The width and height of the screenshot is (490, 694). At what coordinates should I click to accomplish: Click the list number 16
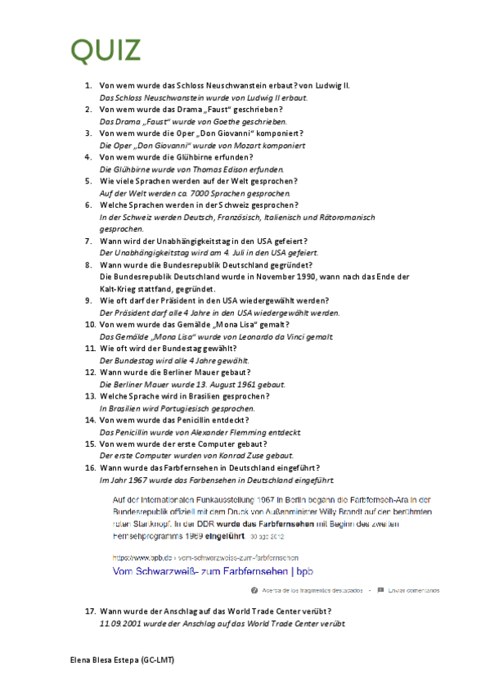[88, 467]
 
